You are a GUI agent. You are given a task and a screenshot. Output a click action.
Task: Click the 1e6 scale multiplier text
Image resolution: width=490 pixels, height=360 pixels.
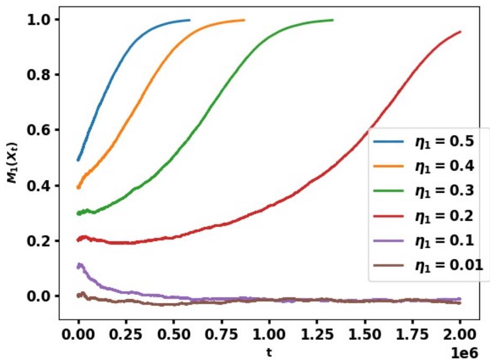point(466,350)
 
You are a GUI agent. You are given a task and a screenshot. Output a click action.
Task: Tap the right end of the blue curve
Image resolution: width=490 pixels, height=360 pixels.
point(190,20)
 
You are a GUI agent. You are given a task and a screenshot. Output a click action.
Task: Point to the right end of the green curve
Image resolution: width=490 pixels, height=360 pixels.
point(333,20)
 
